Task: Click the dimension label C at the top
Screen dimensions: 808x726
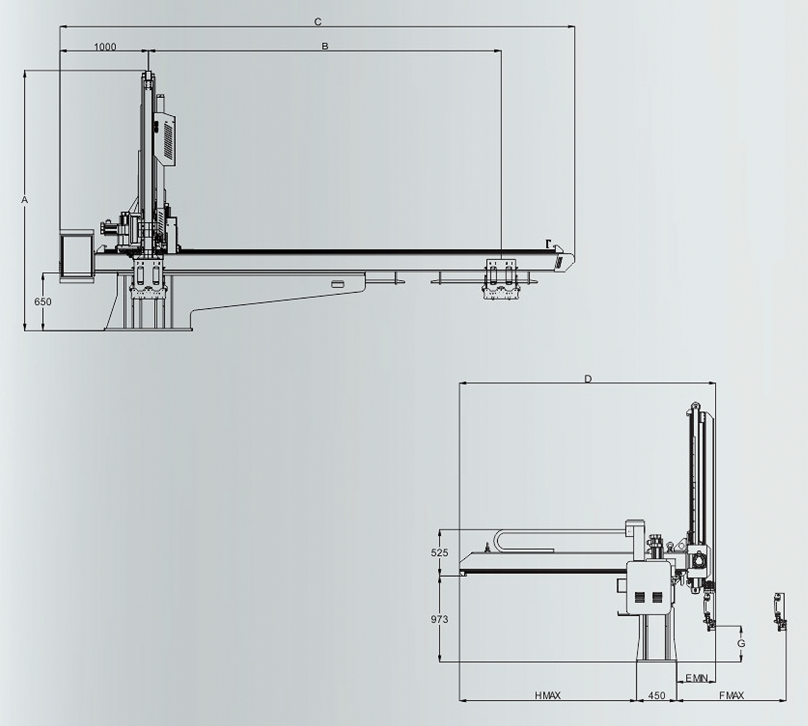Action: click(318, 22)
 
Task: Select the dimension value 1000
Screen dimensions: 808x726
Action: click(105, 47)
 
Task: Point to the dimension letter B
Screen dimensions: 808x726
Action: click(324, 46)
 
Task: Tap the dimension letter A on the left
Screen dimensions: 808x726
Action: click(25, 199)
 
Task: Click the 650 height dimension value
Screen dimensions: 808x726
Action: click(43, 302)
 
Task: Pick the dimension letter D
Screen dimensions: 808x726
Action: click(588, 379)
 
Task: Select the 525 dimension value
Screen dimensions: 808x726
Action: click(439, 552)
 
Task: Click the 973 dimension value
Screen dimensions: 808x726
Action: click(439, 619)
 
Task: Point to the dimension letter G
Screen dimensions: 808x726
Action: click(741, 643)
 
